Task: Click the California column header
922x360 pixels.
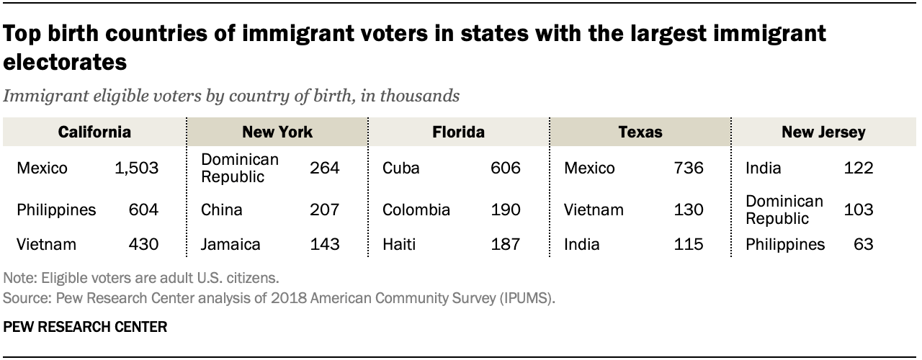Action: [94, 132]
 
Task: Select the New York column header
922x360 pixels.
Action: [277, 132]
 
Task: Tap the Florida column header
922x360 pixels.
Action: [459, 132]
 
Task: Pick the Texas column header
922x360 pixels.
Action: [640, 132]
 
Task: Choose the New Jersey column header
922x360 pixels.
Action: [823, 132]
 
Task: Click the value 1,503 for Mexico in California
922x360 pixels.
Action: [137, 168]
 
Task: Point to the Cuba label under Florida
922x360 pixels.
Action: [401, 168]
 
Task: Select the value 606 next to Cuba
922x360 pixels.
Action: [506, 168]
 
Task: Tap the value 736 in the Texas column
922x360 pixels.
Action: [689, 168]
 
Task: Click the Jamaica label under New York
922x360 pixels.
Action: [230, 244]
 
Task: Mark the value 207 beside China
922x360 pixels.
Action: [325, 210]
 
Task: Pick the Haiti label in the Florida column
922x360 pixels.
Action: [399, 244]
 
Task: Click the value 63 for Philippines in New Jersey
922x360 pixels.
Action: [864, 244]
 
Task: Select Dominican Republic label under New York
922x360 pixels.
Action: [240, 168]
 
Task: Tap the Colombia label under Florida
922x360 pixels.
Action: [416, 210]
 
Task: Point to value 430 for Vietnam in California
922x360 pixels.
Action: [143, 244]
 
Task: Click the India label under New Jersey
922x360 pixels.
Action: [763, 168]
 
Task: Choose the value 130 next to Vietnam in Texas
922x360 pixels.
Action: [689, 210]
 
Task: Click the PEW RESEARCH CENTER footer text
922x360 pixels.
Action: [85, 327]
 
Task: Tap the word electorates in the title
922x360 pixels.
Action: [65, 63]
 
